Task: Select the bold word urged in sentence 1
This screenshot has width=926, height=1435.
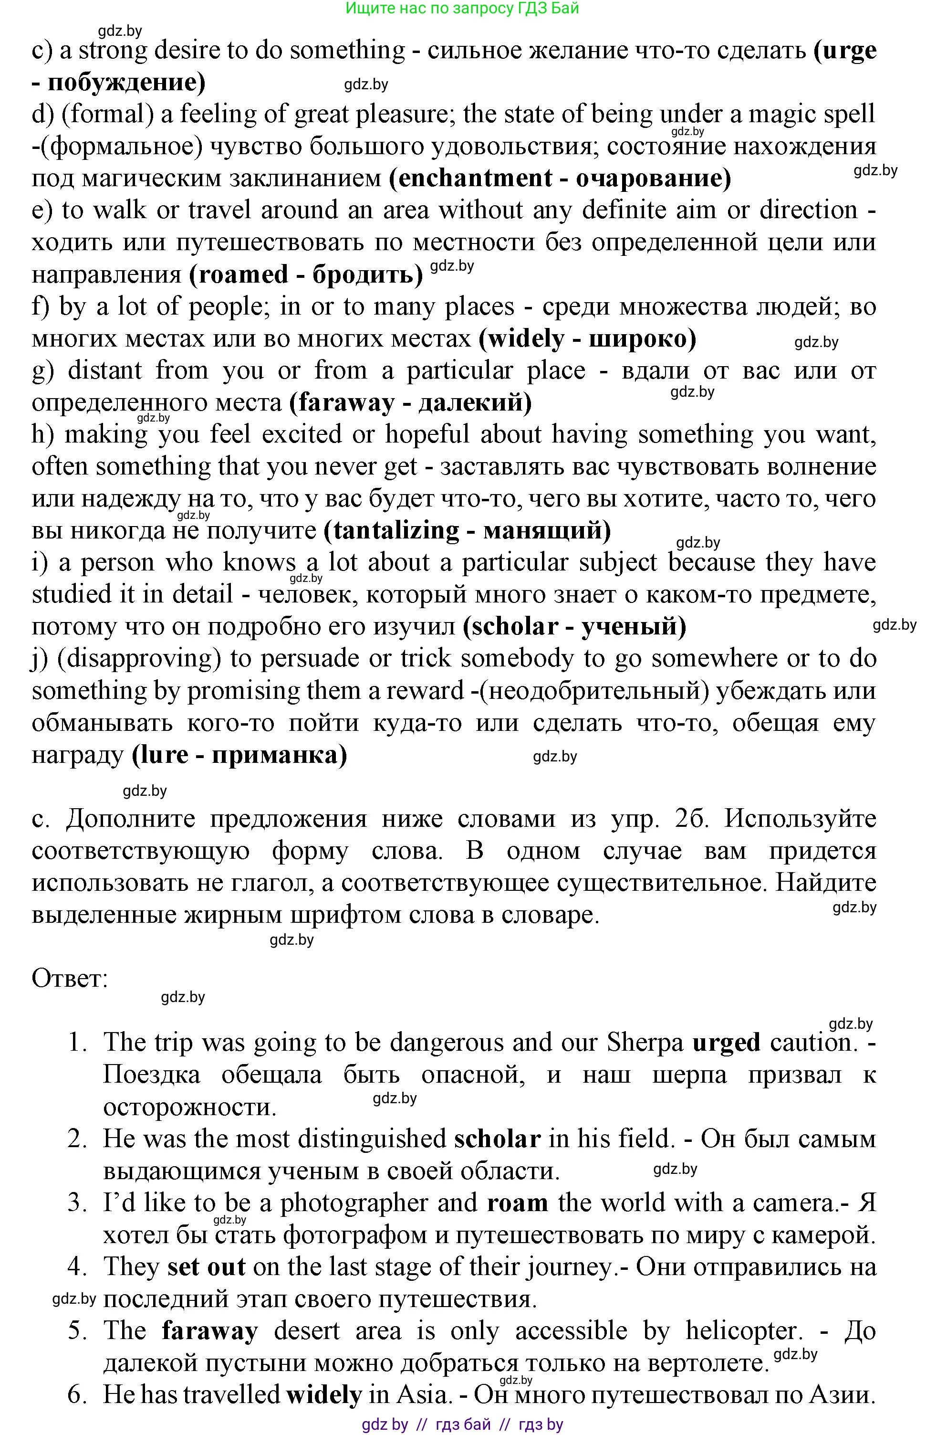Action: tap(727, 1042)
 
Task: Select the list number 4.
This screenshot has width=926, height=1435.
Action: tap(77, 1266)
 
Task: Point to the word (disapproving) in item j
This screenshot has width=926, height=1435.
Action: tap(136, 658)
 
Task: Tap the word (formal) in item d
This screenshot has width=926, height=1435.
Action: tap(108, 114)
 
